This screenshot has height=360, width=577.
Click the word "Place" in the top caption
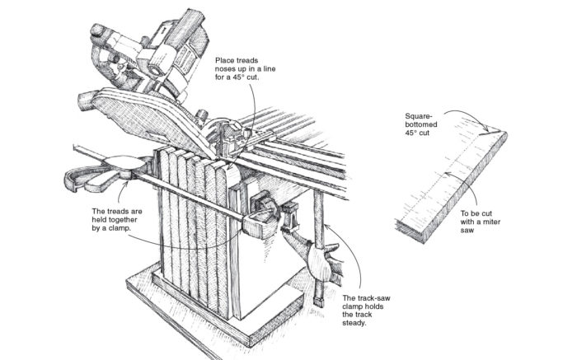228,60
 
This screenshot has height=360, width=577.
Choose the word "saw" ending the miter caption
467,233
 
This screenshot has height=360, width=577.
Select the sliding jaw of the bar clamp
260,217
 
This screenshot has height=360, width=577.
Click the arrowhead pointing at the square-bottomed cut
483,128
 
